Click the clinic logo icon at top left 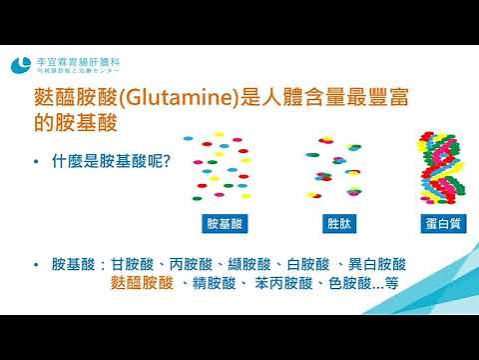click(x=20, y=65)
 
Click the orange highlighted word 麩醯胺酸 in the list click(x=144, y=284)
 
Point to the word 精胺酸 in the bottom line click(x=214, y=284)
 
